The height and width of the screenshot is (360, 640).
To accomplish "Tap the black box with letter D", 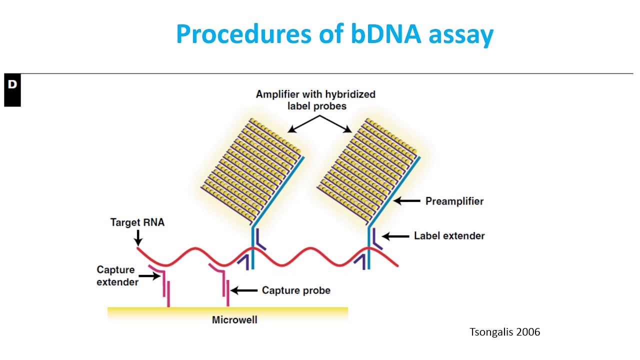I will pyautogui.click(x=12, y=90).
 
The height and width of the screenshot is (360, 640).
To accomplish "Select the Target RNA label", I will pyautogui.click(x=137, y=222).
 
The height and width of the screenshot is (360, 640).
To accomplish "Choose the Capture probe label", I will pyautogui.click(x=296, y=290).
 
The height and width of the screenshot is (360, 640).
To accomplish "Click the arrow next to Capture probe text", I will pyautogui.click(x=243, y=290).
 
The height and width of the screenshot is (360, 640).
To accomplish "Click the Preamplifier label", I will pyautogui.click(x=454, y=201).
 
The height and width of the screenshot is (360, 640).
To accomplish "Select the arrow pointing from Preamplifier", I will pyautogui.click(x=407, y=201).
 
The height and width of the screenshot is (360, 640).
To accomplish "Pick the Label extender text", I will pyautogui.click(x=449, y=235).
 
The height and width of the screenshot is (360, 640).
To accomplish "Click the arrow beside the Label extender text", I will pyautogui.click(x=395, y=235).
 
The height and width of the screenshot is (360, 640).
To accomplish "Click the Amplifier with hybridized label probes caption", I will pyautogui.click(x=315, y=99).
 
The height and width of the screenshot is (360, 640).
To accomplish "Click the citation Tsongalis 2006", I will pyautogui.click(x=504, y=332).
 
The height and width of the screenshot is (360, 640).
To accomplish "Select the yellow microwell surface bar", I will pyautogui.click(x=227, y=310).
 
